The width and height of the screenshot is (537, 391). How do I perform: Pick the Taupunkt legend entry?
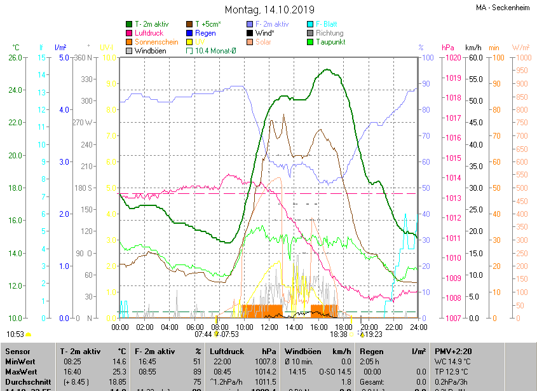[x=330, y=42]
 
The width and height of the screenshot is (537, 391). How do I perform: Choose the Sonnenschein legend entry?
[x=156, y=42]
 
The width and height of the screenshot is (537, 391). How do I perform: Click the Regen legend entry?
[x=205, y=33]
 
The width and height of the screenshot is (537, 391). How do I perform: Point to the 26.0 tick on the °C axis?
[x=15, y=58]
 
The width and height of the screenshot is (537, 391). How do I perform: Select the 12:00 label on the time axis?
[x=269, y=327]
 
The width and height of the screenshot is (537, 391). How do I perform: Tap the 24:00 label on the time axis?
[x=418, y=327]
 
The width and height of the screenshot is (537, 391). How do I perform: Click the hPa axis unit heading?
[x=447, y=48]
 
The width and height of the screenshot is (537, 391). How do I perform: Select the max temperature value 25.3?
[x=119, y=373]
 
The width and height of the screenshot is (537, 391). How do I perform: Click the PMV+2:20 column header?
[x=452, y=351]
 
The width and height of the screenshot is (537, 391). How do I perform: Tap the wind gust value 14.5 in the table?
[x=343, y=373]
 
